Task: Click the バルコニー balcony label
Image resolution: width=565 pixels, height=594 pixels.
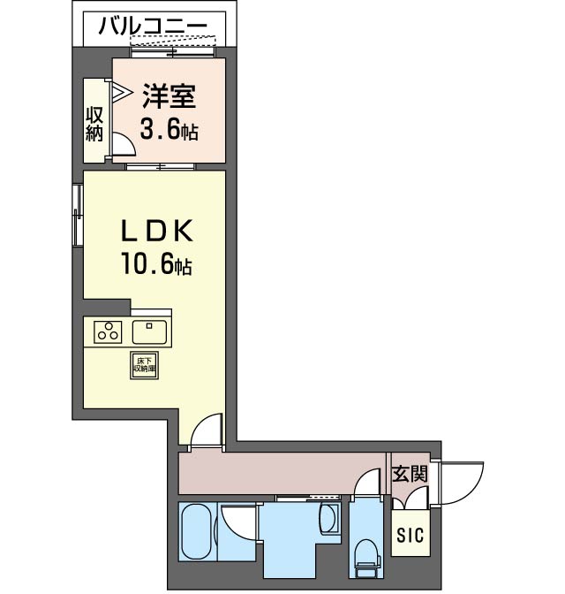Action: (153, 27)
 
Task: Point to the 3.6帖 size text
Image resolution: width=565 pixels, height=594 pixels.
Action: (169, 129)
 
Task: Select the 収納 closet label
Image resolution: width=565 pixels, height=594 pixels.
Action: (94, 125)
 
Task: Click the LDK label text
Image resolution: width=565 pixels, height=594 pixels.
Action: (157, 231)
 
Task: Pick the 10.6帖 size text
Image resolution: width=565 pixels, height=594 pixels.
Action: (156, 263)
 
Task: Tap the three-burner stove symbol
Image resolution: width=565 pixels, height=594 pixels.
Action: (108, 331)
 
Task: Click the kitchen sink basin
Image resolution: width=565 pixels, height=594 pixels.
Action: (149, 332)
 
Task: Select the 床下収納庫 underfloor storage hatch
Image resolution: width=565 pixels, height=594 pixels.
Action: (144, 366)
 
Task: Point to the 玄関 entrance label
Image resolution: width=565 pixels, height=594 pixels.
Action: (410, 474)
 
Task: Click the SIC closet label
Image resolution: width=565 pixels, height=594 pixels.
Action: (411, 535)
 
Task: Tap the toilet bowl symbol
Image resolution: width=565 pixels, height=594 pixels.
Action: (366, 555)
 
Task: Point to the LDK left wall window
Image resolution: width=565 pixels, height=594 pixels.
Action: (78, 215)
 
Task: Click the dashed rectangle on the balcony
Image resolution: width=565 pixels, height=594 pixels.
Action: (173, 41)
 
